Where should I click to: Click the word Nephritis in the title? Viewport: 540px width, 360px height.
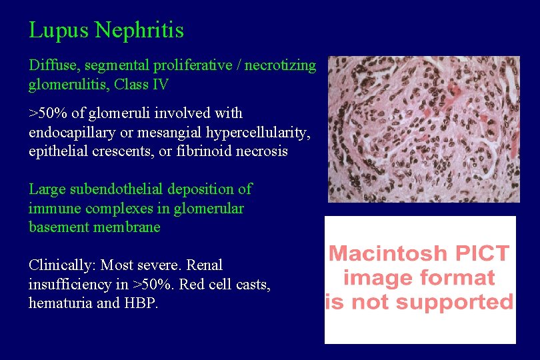139,31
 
